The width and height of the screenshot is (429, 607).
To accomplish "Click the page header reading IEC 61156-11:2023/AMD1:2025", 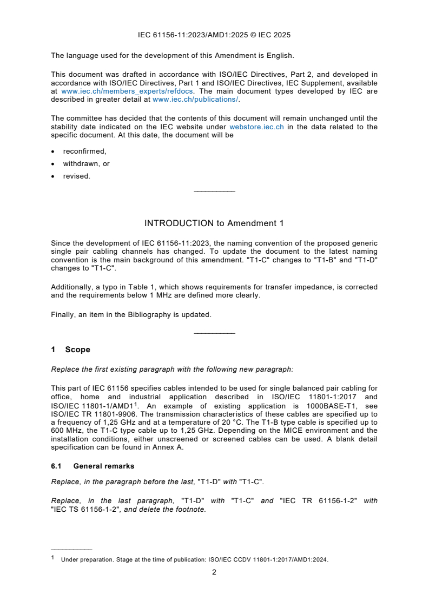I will coord(214,35).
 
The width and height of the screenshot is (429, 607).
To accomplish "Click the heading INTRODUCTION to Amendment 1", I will coord(214,223).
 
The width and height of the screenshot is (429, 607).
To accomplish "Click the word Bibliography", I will coord(155,314).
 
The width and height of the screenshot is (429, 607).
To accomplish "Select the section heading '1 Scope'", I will coord(70,350).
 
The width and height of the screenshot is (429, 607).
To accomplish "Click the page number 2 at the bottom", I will coord(214,572).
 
